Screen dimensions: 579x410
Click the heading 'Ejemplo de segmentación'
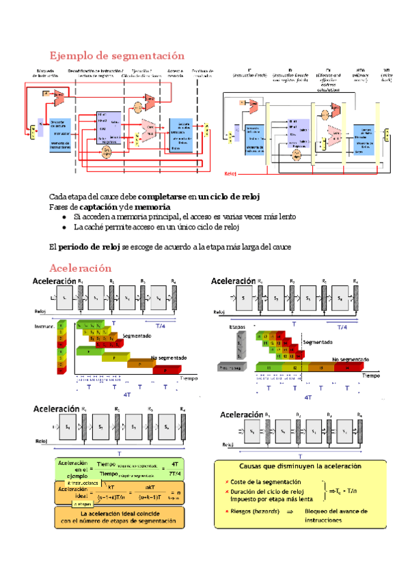(118, 55)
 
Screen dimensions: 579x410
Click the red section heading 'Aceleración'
(81, 268)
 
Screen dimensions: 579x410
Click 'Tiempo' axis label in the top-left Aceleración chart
(190, 376)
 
